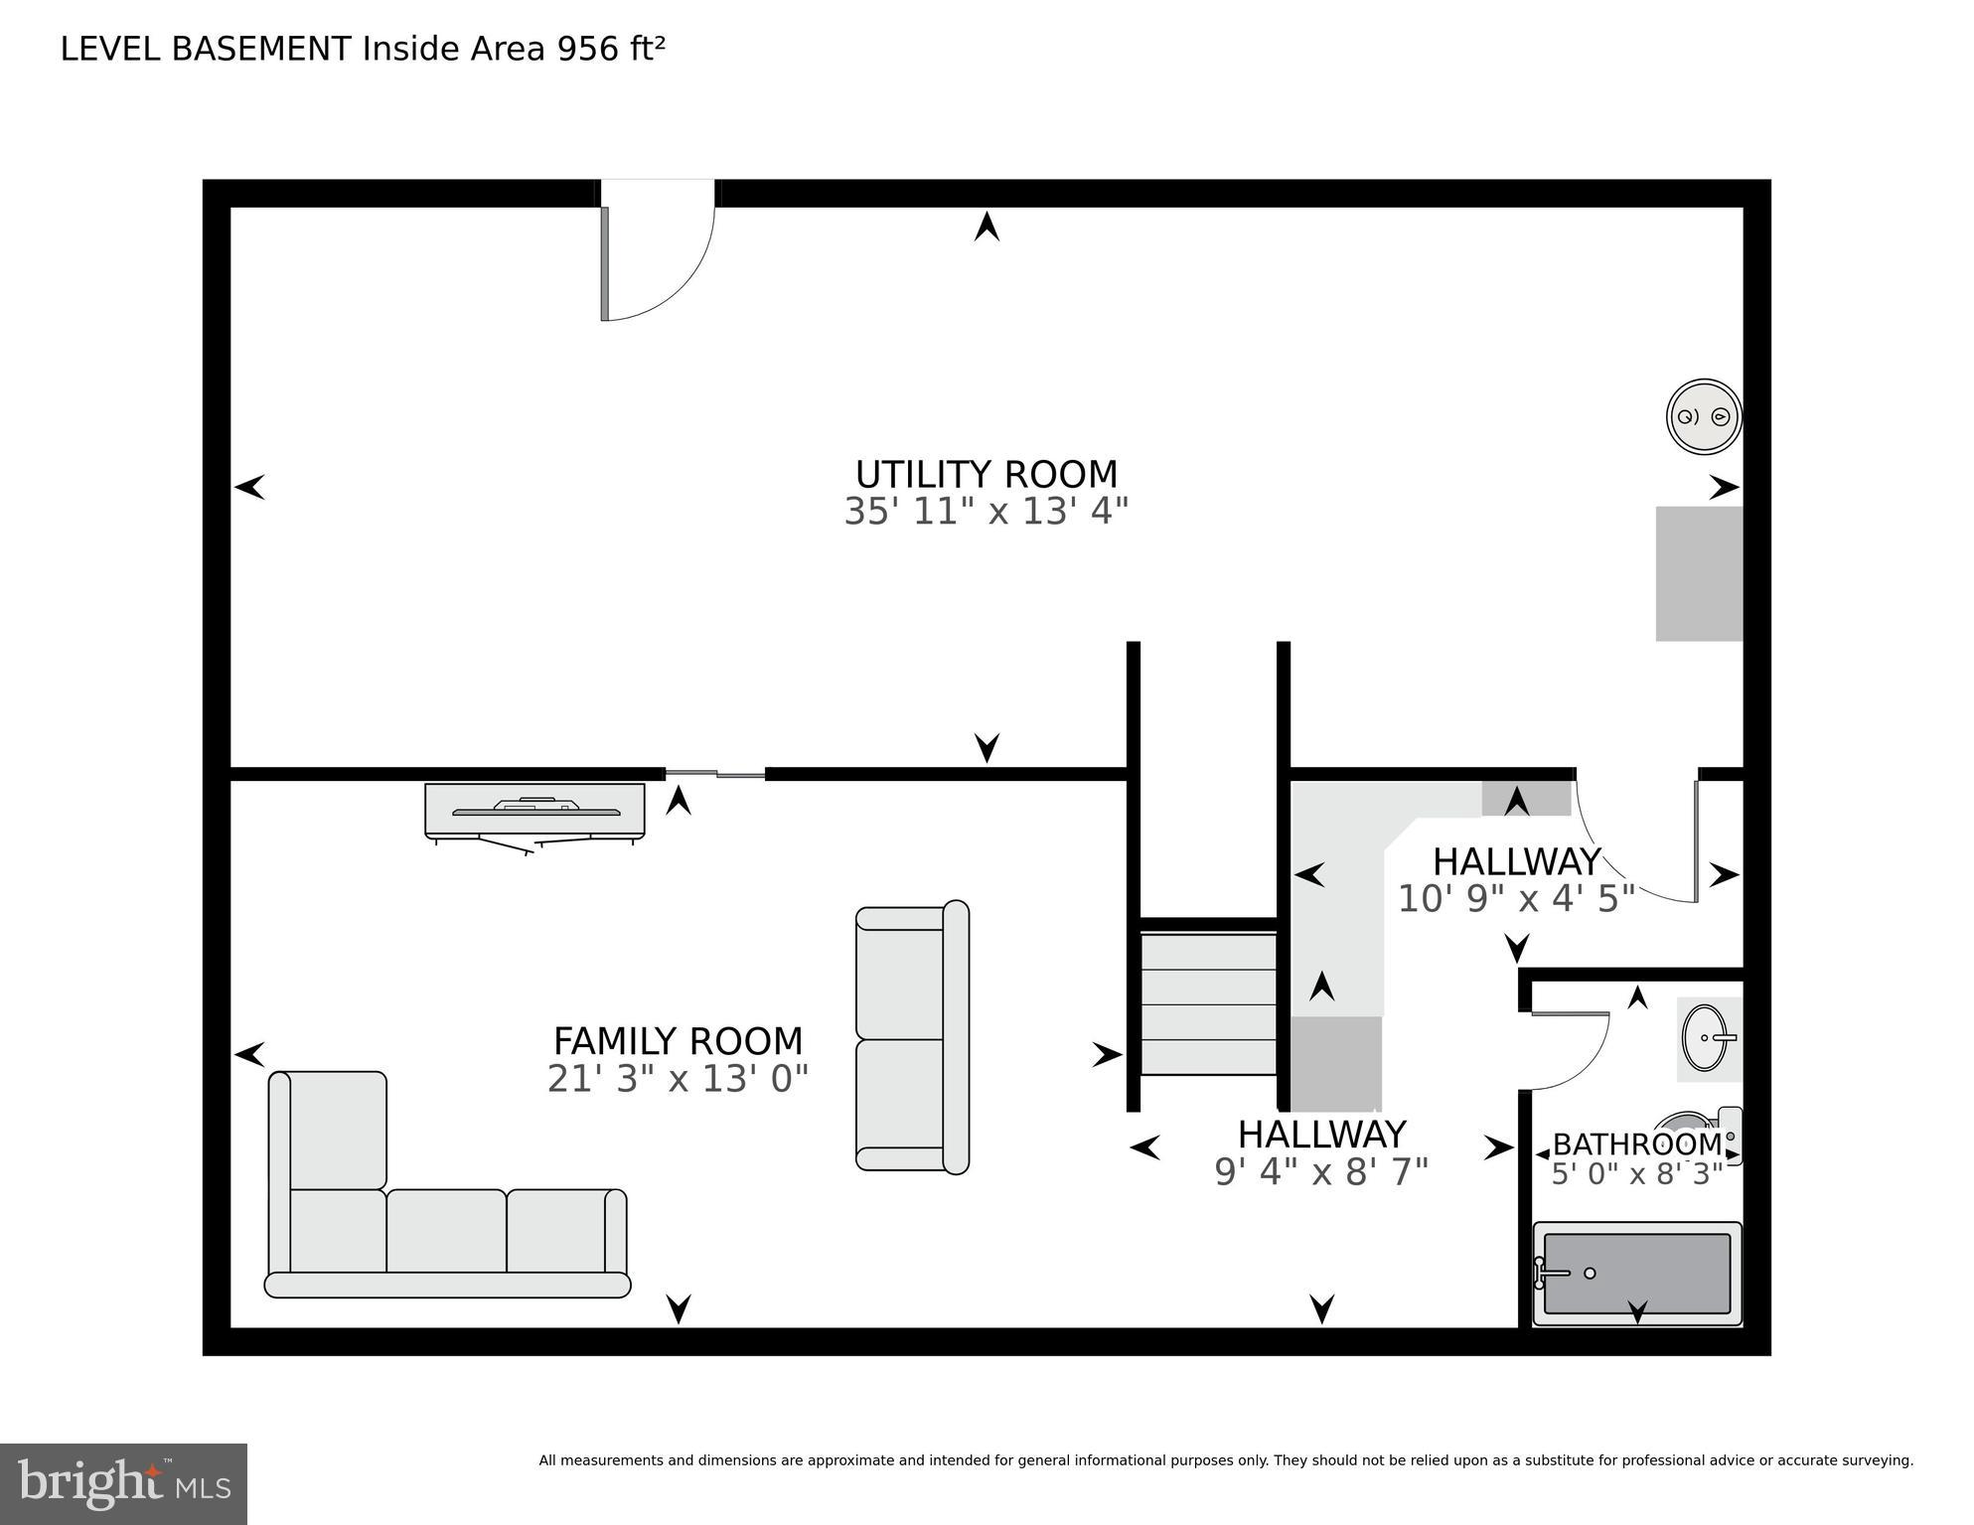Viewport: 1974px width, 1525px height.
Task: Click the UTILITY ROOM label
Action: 986,474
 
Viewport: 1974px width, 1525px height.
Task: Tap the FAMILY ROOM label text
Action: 678,1041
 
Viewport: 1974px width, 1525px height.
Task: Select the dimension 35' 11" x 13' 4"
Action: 986,512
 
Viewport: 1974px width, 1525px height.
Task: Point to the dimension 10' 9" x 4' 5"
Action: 1515,898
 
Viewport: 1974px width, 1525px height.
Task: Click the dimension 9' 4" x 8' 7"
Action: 1320,1172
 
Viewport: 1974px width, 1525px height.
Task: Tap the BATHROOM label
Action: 1635,1144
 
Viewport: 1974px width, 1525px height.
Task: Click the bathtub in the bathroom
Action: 1637,1273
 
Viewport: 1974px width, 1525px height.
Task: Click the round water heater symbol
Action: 1703,416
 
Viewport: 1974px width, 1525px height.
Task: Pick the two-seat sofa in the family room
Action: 911,1038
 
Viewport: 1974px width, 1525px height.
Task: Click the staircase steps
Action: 1207,1003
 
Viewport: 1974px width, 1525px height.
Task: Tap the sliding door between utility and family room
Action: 715,773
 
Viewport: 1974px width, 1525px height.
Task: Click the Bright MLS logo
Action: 123,1484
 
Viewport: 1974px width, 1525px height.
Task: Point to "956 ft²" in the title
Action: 610,49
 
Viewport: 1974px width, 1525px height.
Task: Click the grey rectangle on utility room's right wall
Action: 1698,573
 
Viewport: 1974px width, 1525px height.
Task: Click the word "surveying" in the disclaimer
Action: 1876,1460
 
